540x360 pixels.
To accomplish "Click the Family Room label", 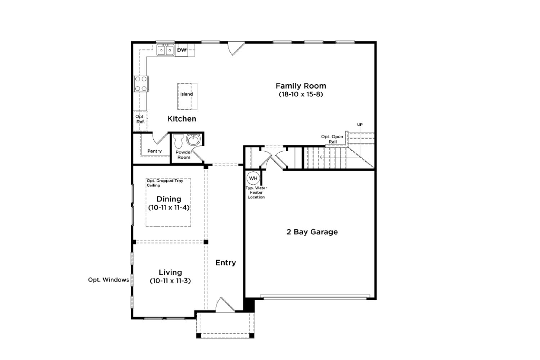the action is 301,86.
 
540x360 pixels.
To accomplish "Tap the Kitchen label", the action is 181,119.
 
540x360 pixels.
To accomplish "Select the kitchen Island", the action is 187,96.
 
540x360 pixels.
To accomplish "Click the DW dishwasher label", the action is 182,50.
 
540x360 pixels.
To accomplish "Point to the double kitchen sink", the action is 166,50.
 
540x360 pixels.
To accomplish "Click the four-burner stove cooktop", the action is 141,84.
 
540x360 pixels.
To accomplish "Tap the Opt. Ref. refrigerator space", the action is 141,121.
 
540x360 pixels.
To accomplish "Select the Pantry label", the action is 154,151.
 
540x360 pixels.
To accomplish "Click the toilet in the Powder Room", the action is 179,141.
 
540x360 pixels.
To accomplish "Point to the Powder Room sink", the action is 193,140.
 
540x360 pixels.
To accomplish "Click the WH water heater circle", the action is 253,178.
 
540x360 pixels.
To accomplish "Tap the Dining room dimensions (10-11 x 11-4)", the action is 169,207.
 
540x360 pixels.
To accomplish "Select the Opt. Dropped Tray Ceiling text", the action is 165,183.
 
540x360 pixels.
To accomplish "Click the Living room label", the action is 170,272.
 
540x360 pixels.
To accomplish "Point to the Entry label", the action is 226,262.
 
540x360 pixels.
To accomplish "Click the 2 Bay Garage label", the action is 312,232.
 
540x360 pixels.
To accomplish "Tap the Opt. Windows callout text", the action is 108,280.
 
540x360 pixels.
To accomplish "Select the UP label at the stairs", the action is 360,125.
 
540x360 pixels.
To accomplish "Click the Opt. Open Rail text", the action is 332,139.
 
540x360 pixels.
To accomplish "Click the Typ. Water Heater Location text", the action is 256,192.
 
